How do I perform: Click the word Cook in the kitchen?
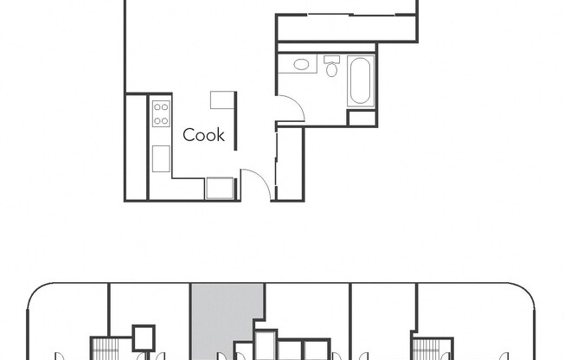click(203, 135)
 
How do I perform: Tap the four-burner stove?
click(161, 113)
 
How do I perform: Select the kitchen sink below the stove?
click(161, 158)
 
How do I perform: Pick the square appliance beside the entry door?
click(220, 188)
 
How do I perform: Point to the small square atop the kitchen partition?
click(222, 100)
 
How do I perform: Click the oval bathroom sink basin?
click(302, 64)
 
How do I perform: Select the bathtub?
click(361, 81)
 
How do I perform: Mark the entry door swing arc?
click(255, 183)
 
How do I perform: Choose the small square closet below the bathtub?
click(362, 118)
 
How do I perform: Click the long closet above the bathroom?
click(346, 29)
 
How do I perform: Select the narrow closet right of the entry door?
click(289, 164)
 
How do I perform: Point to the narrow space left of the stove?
click(137, 147)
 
